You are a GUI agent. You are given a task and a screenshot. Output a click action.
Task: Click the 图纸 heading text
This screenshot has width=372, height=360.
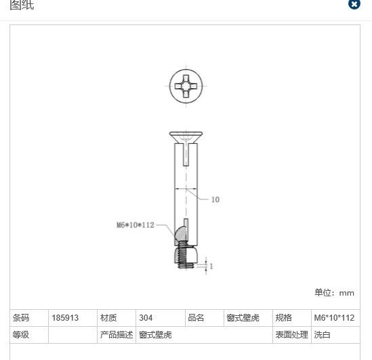click(x=22, y=5)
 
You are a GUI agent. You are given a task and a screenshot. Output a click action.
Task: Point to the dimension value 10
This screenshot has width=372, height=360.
click(x=215, y=200)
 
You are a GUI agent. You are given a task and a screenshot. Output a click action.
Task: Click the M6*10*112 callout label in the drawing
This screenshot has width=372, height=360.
click(x=135, y=225)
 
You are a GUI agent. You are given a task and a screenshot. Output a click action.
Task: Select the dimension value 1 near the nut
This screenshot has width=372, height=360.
click(x=211, y=266)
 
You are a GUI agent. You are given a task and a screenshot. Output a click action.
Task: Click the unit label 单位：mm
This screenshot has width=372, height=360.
click(x=334, y=293)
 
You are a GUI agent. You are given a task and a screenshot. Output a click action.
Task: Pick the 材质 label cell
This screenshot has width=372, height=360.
click(x=108, y=317)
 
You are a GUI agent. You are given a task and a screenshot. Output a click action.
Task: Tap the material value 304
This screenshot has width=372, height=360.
click(x=146, y=317)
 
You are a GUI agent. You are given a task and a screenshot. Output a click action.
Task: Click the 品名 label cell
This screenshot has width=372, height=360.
click(x=196, y=317)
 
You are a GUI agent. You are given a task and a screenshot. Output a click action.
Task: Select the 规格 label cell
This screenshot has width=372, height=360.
click(x=283, y=317)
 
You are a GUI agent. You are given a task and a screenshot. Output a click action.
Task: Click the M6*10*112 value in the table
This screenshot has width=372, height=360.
click(x=334, y=317)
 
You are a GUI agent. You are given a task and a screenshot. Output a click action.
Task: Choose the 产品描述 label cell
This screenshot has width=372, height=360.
click(x=117, y=335)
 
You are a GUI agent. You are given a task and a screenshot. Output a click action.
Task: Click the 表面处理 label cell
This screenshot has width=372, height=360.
click(x=292, y=335)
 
